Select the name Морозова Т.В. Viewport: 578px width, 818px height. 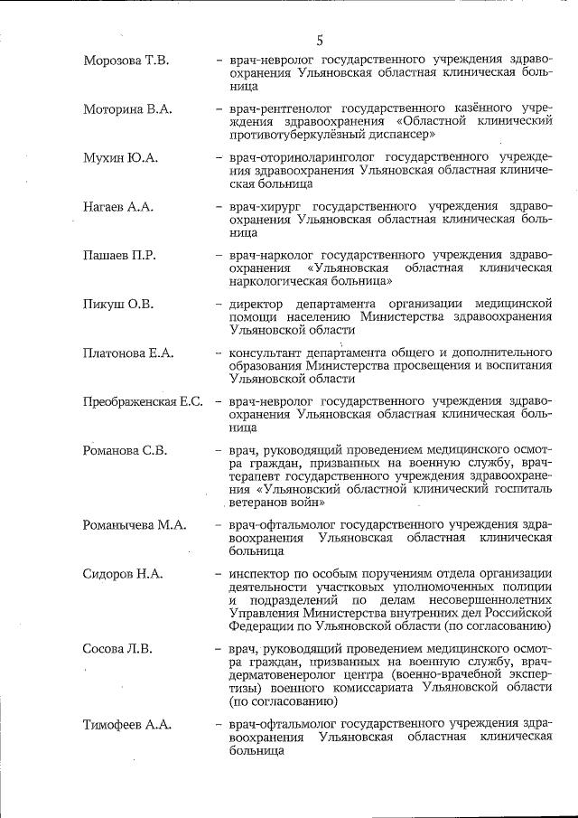(x=126, y=61)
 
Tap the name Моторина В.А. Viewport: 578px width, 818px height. (x=127, y=109)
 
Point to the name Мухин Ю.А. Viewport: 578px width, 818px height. (x=120, y=158)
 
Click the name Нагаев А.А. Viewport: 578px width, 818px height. (x=118, y=207)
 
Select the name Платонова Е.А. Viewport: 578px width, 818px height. (x=127, y=353)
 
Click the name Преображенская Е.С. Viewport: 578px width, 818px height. (x=143, y=402)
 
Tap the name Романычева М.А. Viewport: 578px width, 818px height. (x=134, y=524)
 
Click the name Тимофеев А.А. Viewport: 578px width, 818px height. (x=127, y=725)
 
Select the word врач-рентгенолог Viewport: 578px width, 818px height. (x=275, y=109)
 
